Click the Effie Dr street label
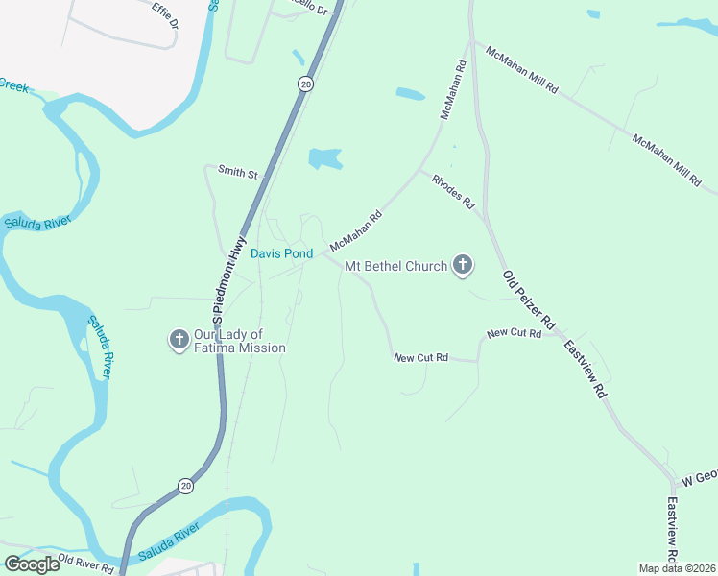click(164, 14)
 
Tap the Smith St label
click(239, 174)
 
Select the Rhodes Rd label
click(454, 191)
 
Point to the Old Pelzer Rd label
click(530, 298)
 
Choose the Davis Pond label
click(281, 253)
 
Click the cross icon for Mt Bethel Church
click(463, 265)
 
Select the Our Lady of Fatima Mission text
click(239, 341)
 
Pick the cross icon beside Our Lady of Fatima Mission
click(179, 339)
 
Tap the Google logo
click(33, 564)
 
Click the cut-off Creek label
click(13, 84)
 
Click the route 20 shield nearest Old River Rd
click(185, 486)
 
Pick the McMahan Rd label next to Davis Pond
click(355, 229)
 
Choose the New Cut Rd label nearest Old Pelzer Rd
click(514, 333)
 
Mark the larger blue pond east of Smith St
click(325, 158)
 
